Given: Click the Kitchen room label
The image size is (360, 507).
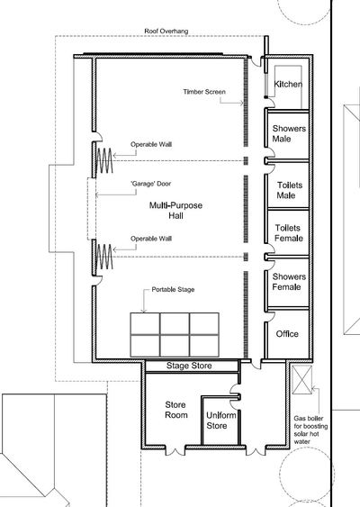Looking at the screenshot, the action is point(288,85).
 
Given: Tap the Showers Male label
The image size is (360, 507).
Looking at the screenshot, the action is point(289,133).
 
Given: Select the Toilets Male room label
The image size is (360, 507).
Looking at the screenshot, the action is point(290,190).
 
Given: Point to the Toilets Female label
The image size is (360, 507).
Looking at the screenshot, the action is point(289,233).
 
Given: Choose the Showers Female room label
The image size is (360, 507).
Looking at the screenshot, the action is point(289,282).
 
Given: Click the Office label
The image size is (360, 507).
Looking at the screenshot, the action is point(287,334).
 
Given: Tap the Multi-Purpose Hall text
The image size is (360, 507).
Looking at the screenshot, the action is point(175,211).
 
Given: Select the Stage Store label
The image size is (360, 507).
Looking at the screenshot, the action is point(189,366).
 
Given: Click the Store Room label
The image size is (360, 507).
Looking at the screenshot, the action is point(176,410).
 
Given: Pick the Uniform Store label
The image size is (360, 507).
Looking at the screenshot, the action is point(221,421).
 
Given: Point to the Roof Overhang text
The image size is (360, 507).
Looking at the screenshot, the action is point(166,32).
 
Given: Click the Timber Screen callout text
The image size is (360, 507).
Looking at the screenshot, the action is point(204,92).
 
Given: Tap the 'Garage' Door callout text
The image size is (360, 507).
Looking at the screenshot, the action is point(151,184).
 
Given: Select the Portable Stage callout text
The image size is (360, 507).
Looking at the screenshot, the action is point(173,289).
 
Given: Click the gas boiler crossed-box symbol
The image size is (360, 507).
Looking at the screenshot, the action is point(302,380).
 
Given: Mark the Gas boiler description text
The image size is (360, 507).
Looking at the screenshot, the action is point(310,430).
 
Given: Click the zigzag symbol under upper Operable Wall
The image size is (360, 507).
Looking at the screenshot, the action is point(104,160).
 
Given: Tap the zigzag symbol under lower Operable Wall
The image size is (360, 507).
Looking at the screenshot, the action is point(104,257).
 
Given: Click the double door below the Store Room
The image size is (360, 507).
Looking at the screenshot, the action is point(175,450).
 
